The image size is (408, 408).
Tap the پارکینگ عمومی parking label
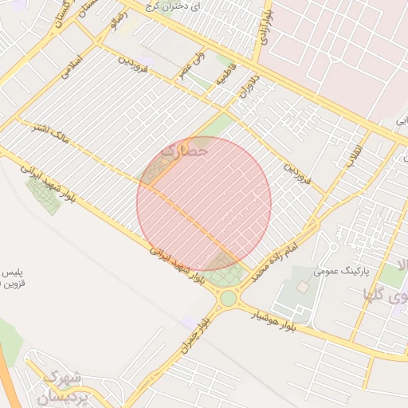(337, 271)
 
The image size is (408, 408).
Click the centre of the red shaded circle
(204, 204)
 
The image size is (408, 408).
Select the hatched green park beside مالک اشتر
(44, 196)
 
